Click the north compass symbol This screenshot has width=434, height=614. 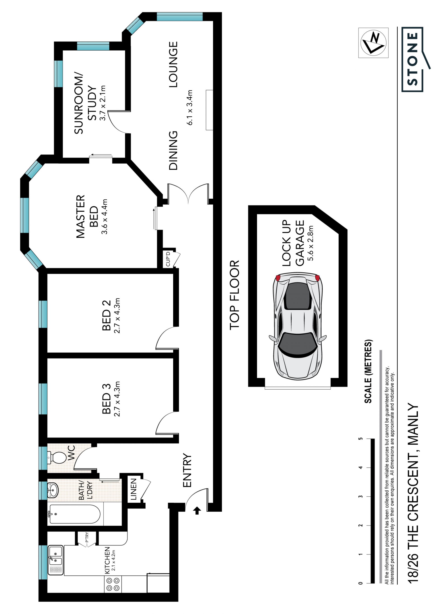(373, 43)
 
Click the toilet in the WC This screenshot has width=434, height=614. (57, 458)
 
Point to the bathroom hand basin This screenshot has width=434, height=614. (53, 490)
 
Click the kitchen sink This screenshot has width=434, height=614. (56, 560)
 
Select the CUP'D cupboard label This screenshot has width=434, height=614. (168, 259)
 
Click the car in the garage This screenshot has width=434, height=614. (298, 326)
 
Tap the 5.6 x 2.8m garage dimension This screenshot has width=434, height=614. (310, 243)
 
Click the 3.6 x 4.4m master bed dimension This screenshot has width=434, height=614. (104, 217)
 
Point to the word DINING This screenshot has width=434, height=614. (173, 151)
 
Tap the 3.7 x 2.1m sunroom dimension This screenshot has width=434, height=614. (103, 103)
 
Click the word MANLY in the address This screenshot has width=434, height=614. (413, 424)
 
